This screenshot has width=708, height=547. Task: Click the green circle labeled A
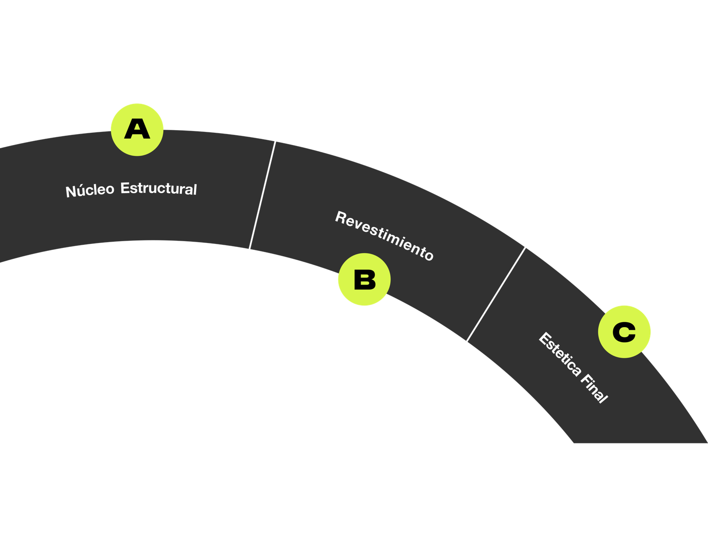(x=137, y=129)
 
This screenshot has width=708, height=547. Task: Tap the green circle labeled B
(x=364, y=280)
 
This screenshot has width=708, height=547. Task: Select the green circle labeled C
(x=624, y=331)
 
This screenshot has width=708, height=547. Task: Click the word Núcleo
(x=90, y=190)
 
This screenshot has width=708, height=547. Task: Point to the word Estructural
(x=158, y=189)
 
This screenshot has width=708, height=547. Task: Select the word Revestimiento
(x=384, y=236)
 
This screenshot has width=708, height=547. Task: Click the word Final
(x=594, y=388)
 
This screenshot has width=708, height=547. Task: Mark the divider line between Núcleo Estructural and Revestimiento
(x=262, y=195)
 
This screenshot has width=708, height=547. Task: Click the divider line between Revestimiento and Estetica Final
(x=496, y=294)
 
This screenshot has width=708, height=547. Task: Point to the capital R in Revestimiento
(x=341, y=218)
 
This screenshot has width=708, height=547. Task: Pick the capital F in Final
(x=585, y=379)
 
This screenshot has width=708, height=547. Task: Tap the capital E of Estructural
(x=125, y=188)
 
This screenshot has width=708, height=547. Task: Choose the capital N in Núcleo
(x=71, y=192)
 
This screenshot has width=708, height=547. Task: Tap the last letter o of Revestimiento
(x=428, y=255)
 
